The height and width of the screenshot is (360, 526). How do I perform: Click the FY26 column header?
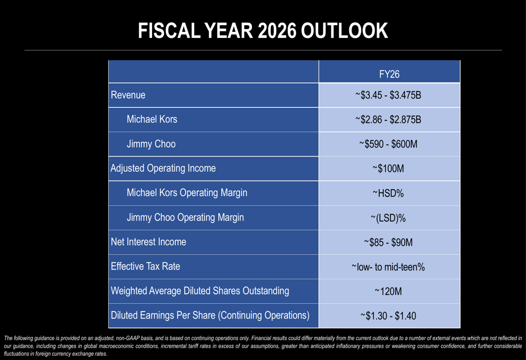(x=389, y=74)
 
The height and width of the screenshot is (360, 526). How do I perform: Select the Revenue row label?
(x=128, y=95)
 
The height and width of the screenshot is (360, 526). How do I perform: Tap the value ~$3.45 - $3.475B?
(x=388, y=95)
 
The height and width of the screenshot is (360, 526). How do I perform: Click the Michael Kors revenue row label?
(x=152, y=119)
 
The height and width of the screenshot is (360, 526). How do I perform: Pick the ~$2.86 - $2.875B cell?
(x=388, y=120)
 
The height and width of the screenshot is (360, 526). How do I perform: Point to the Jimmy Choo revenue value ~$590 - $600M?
(x=388, y=144)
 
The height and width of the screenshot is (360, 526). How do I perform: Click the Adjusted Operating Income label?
(x=163, y=168)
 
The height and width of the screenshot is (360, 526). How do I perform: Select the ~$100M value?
(x=388, y=169)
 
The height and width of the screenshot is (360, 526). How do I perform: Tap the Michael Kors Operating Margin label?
(x=187, y=193)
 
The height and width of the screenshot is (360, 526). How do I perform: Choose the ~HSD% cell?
(x=388, y=193)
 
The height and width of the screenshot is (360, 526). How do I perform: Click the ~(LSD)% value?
(x=388, y=218)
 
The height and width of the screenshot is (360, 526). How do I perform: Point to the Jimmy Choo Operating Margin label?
(x=185, y=218)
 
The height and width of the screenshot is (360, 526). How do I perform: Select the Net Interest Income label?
(x=148, y=242)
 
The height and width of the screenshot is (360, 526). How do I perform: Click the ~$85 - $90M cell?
(x=388, y=242)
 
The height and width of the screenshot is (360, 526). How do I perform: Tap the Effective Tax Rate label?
(x=145, y=266)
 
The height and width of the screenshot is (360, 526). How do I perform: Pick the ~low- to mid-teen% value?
(x=388, y=267)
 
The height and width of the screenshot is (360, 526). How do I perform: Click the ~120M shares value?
(x=388, y=291)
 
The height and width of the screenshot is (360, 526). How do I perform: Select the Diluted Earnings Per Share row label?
(x=210, y=315)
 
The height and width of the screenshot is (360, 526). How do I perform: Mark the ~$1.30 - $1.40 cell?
(x=388, y=316)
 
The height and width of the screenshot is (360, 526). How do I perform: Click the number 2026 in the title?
(x=277, y=31)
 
